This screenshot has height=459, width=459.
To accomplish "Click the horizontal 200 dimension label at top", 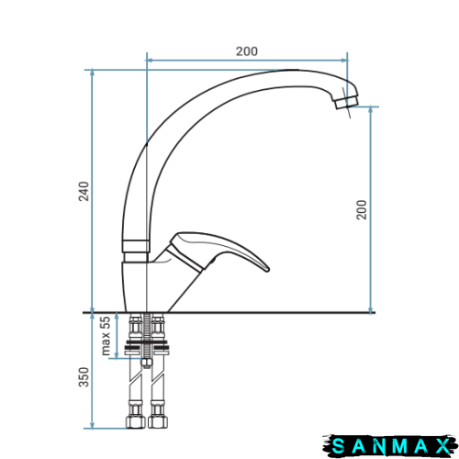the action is [247, 51].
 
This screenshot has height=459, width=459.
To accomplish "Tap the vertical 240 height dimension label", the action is [84, 191].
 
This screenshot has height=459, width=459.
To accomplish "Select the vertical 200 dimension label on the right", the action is [362, 209].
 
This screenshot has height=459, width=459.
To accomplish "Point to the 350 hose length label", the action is [84, 377].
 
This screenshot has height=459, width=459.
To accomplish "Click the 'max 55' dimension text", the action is [105, 336].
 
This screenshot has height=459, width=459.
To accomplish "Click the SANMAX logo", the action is [390, 445].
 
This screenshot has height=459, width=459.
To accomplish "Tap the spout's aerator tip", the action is [347, 102].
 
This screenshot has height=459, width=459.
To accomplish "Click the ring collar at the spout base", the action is [136, 246].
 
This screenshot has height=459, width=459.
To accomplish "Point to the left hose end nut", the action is [135, 422].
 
